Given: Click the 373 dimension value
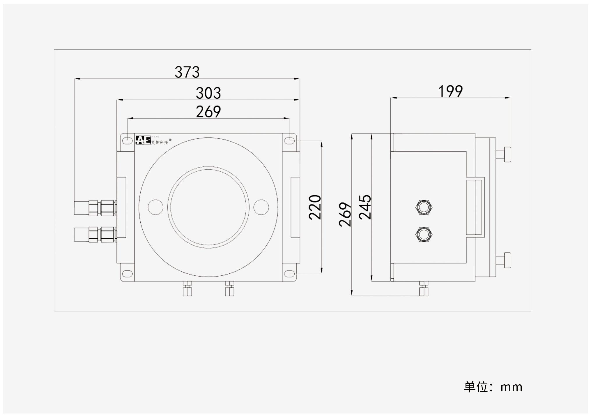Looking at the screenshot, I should tap(187, 72).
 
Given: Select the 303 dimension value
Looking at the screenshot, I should tap(208, 93).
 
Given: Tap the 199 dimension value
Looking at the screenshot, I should tap(450, 91).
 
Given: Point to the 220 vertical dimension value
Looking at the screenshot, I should tap(315, 207).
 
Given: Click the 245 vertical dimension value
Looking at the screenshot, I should tap(365, 207).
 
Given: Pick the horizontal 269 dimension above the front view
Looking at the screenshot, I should tap(208, 112).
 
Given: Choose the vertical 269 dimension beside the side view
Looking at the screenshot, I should tap(345, 214).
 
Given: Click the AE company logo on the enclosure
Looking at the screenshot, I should tap(143, 140).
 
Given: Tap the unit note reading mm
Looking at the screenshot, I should tap(493, 387).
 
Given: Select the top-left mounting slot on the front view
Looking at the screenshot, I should tap(127, 141).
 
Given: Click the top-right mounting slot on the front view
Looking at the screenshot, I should tap(290, 141).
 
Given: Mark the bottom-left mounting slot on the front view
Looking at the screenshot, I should tap(127, 274).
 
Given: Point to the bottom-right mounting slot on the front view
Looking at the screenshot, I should tap(290, 274).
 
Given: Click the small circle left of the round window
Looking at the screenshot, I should tap(155, 207).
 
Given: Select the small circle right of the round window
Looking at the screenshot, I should tap(261, 207).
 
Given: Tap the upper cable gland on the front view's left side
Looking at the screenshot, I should tap(95, 208).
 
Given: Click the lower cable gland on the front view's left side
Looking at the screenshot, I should tap(95, 235).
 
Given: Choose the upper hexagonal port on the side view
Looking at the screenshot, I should tap(424, 207).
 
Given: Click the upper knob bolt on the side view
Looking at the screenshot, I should tap(504, 154).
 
